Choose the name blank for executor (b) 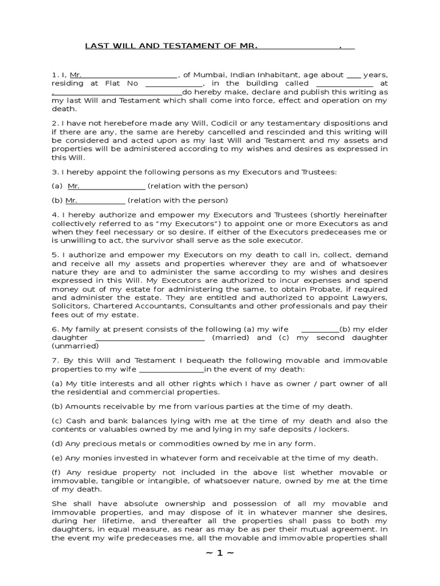pos(101,200)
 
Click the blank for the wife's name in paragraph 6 pos(320,329)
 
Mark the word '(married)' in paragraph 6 pos(230,338)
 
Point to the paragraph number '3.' pos(55,172)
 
